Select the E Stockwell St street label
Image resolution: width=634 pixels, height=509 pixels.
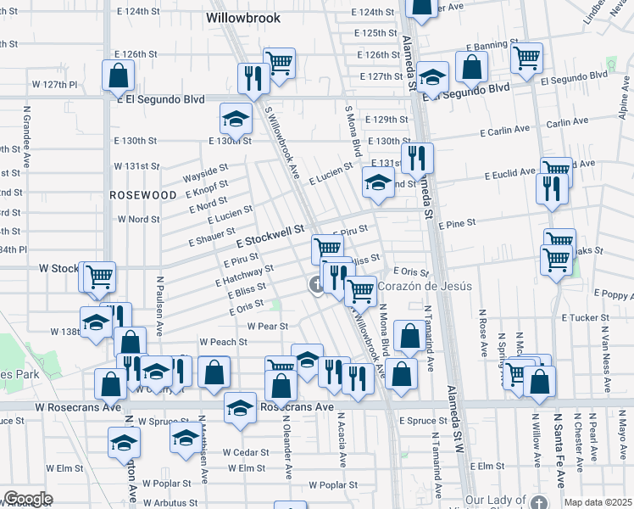[275, 231]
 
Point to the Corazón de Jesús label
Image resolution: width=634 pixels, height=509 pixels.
[425, 286]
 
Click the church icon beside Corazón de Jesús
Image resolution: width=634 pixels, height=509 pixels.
[315, 284]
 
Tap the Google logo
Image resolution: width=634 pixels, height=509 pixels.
[28, 499]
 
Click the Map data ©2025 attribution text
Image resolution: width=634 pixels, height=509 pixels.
[597, 502]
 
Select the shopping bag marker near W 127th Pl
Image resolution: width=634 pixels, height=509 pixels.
[118, 75]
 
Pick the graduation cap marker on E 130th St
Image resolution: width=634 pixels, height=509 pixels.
[236, 119]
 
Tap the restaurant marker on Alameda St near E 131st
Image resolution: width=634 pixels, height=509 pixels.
[417, 158]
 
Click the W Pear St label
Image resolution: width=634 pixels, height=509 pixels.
[268, 326]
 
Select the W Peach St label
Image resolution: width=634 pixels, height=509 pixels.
[223, 342]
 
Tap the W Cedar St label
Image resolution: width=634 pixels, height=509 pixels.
[245, 452]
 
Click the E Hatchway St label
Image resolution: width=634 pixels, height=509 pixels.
[248, 274]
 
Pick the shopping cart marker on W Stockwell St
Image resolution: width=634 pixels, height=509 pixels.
[99, 275]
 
